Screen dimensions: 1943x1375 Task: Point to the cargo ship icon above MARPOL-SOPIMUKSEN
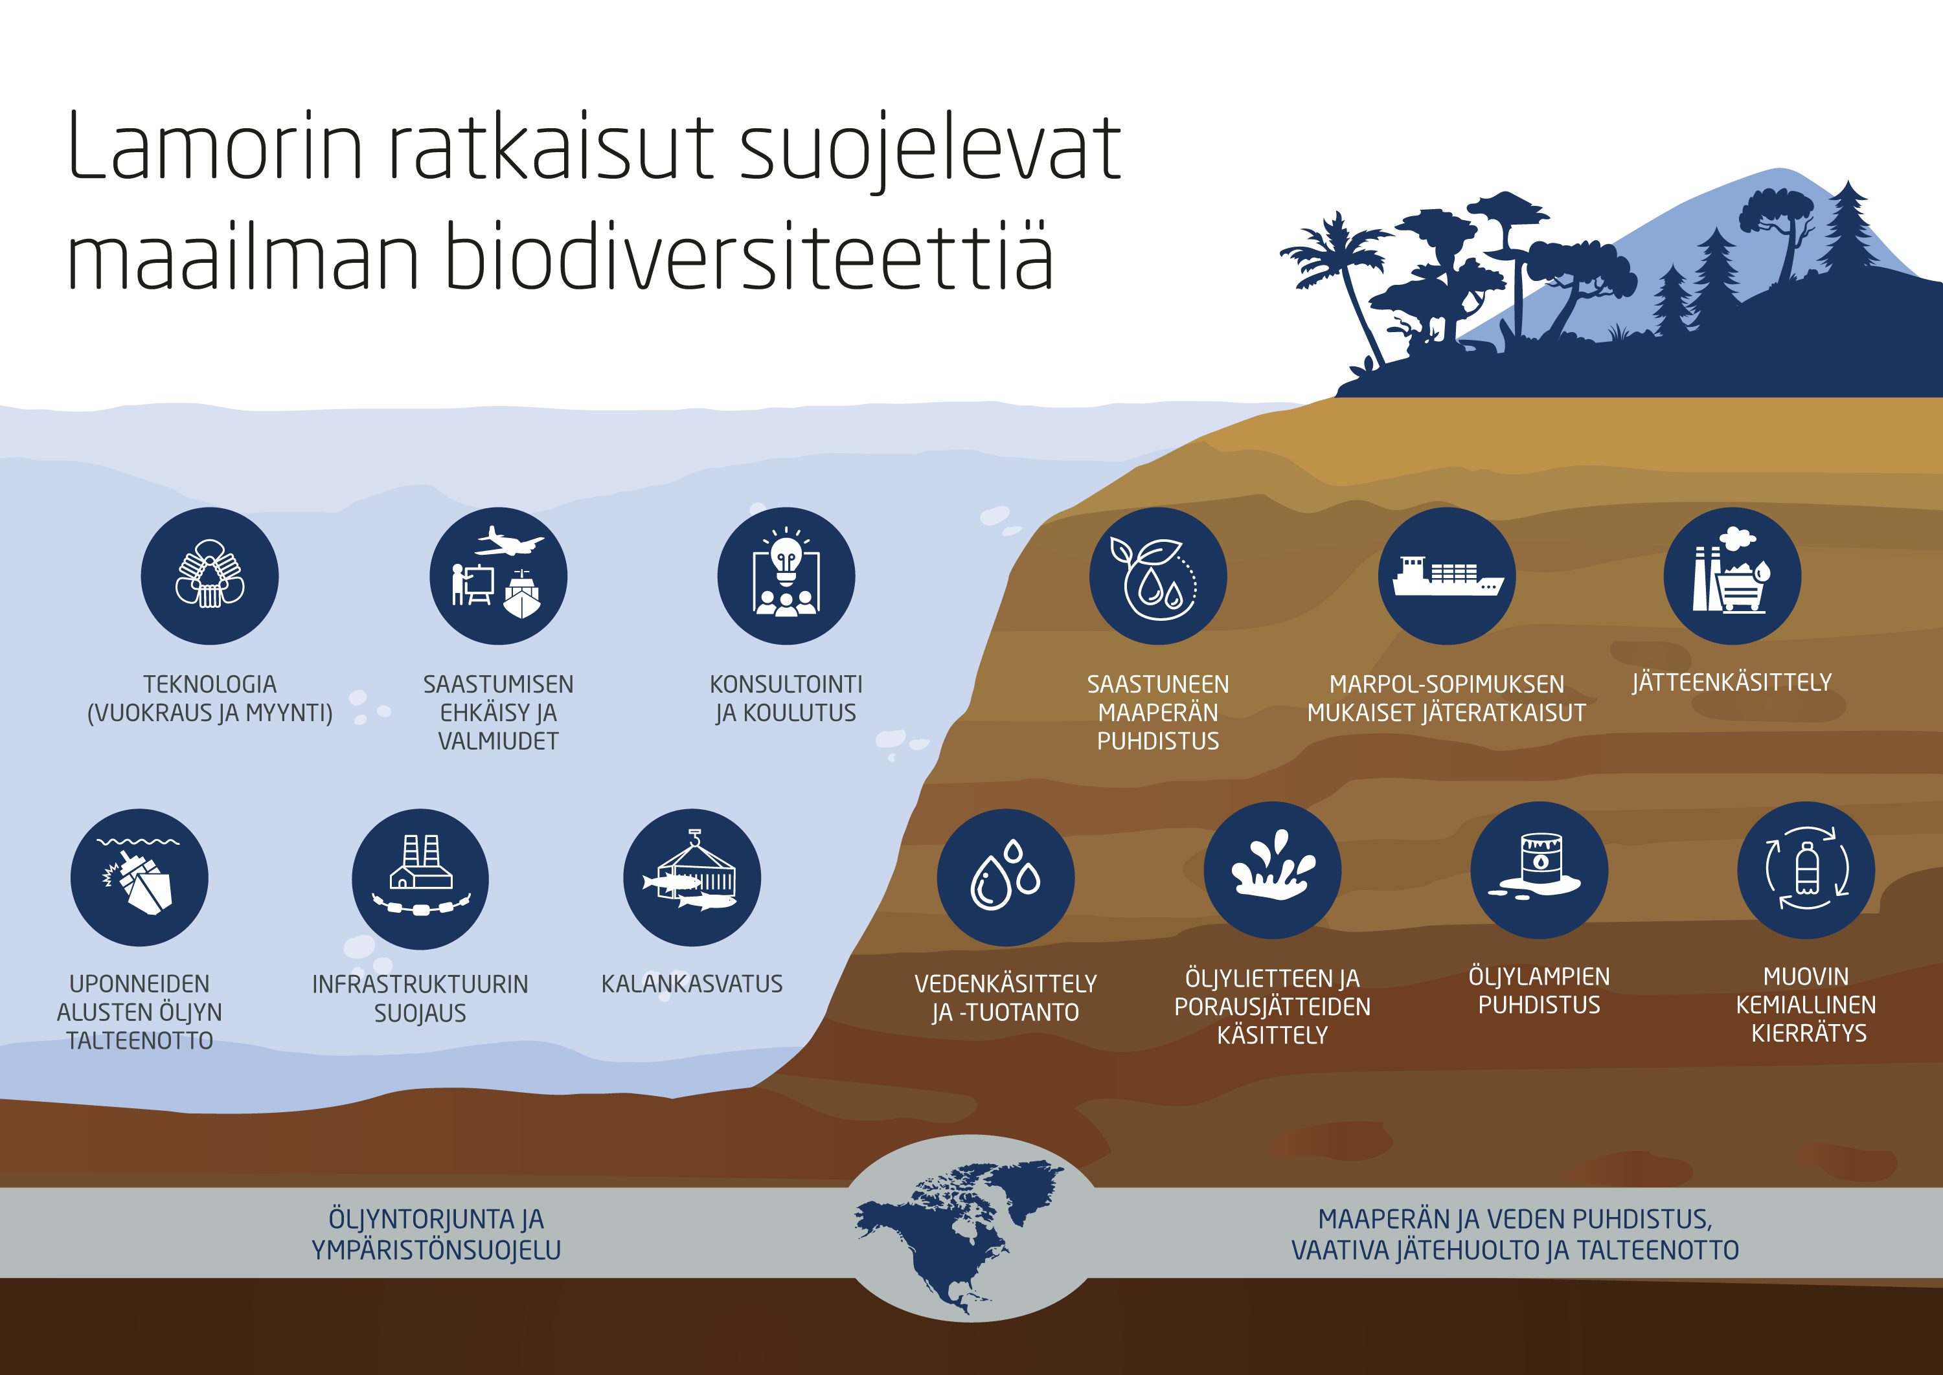1447,577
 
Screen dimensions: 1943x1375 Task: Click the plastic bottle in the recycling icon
1806,869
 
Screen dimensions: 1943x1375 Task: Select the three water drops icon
1005,877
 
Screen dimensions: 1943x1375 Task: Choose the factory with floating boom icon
420,877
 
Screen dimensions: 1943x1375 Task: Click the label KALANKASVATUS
692,984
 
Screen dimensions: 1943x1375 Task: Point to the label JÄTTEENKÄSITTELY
1732,682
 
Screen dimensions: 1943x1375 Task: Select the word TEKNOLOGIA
210,684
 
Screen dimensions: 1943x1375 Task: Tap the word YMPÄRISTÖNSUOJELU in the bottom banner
436,1249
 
